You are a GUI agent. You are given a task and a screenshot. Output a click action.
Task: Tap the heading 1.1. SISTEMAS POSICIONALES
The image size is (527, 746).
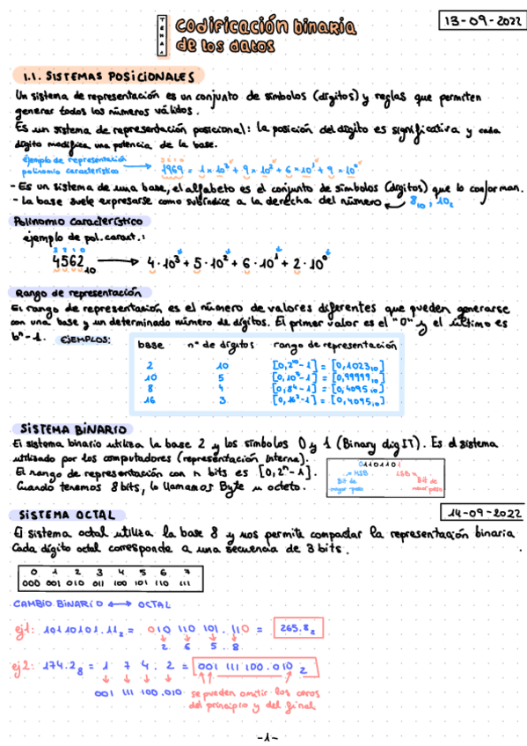click(x=108, y=76)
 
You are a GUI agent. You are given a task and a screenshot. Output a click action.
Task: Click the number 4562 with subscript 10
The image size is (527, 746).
click(x=71, y=264)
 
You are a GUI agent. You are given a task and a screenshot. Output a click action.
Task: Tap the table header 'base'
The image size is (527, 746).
click(x=150, y=345)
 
